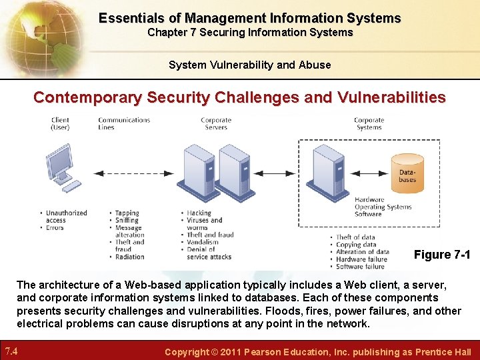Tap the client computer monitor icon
61,160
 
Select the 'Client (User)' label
60,123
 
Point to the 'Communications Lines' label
124,123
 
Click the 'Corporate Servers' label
216,123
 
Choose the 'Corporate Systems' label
369,123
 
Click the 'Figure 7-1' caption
441,255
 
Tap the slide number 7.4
12,351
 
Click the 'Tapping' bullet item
127,213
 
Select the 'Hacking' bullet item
199,213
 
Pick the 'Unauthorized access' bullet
65,217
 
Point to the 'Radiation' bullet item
129,257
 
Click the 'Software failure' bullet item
359,267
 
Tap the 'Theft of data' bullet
355,237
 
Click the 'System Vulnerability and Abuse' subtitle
249,65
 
